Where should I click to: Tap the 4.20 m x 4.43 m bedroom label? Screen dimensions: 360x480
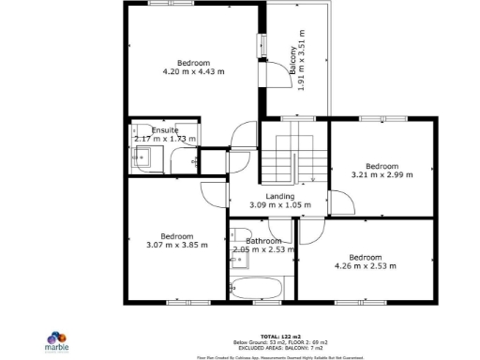click(194, 67)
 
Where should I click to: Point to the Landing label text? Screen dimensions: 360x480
click(279, 201)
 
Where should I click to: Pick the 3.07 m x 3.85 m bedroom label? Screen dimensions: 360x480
click(176, 241)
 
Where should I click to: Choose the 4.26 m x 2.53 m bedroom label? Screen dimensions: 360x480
click(366, 262)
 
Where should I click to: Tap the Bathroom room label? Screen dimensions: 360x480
click(263, 246)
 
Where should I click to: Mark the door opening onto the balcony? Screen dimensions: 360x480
click(273, 75)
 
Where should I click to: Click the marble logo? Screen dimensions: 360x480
click(58, 339)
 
